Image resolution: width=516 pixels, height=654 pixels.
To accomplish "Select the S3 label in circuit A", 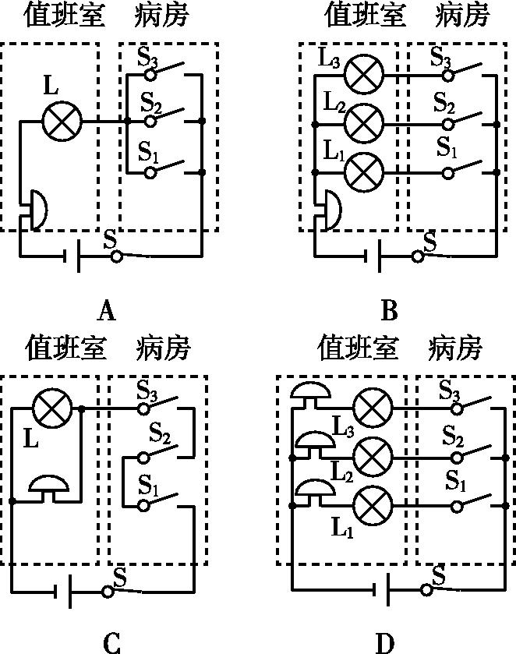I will [x=147, y=56].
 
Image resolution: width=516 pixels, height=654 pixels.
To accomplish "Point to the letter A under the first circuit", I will [x=107, y=313].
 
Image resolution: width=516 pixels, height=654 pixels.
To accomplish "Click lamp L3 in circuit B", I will [x=365, y=75].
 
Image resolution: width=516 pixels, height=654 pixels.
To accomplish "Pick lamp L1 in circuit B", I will [x=365, y=172].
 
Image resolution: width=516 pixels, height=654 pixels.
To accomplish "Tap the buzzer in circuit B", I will [x=330, y=209].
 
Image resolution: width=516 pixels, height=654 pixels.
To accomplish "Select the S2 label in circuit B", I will [x=444, y=102].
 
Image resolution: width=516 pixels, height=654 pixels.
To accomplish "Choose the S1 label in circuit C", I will [x=148, y=484].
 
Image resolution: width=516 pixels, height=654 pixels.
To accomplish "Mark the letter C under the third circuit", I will [x=111, y=642].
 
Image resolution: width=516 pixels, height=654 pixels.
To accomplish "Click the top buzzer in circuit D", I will [x=310, y=394].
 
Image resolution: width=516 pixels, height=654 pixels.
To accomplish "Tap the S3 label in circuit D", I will [x=450, y=388].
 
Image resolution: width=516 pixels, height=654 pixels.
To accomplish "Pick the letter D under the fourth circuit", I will [x=385, y=642].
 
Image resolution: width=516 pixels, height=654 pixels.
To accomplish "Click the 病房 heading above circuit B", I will [x=465, y=14].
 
